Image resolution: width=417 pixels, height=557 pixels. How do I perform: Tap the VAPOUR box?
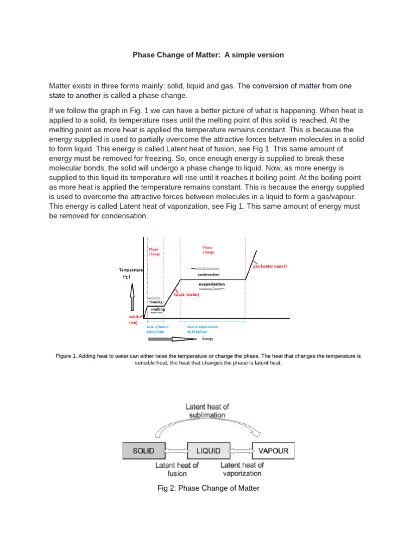(x=273, y=451)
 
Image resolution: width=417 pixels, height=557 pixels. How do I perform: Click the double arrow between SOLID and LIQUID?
(x=171, y=451)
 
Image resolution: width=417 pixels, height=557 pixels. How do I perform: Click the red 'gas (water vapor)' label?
(x=270, y=267)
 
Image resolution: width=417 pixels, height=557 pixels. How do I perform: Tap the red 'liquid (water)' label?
(x=187, y=294)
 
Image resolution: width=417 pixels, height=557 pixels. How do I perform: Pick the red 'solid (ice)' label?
(x=134, y=319)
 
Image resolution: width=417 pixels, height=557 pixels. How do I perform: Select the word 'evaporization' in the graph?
(x=212, y=284)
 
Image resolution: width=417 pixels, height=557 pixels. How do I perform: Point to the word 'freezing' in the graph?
(x=156, y=302)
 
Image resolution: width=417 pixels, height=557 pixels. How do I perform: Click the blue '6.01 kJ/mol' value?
(x=156, y=332)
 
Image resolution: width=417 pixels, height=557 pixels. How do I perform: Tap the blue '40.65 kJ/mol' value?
(x=197, y=332)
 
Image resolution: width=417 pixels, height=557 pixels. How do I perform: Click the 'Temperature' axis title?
(x=131, y=270)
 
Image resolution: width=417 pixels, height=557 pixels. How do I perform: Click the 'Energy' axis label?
(x=207, y=338)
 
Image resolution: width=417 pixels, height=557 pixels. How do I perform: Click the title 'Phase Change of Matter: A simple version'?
(x=208, y=55)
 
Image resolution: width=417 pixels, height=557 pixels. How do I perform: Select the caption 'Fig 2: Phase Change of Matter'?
(x=208, y=488)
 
